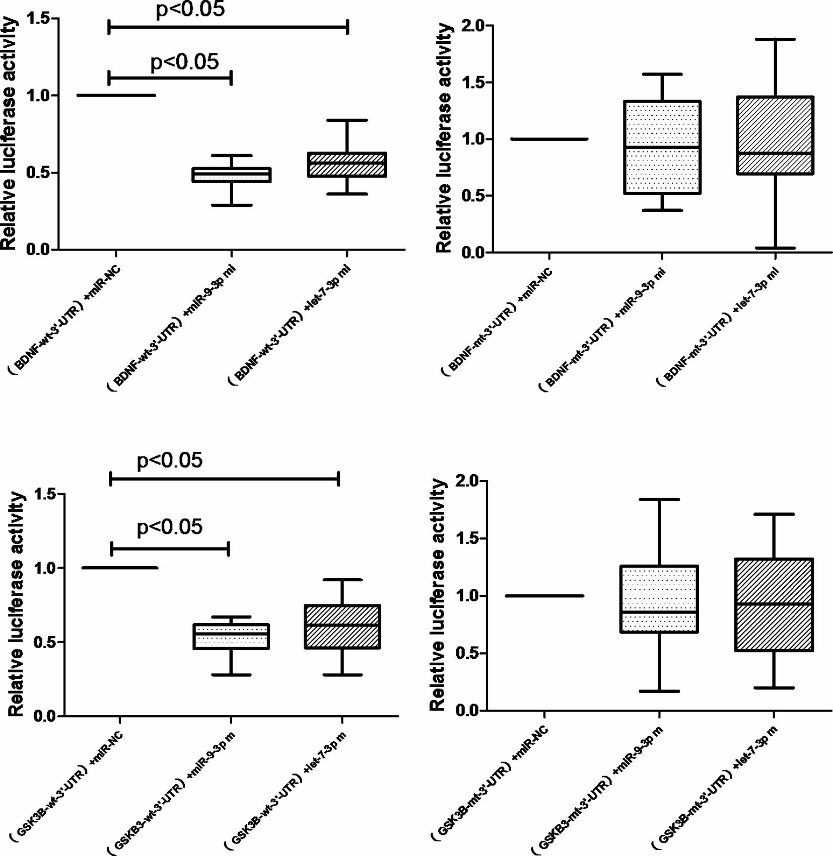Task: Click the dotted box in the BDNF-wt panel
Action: tap(232, 175)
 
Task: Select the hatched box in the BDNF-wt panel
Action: tap(348, 165)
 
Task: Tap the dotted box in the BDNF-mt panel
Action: tap(662, 147)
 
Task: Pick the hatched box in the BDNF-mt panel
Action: tap(776, 135)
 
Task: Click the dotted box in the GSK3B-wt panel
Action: tap(231, 637)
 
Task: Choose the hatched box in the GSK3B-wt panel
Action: tap(342, 627)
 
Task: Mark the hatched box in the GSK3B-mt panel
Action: tap(774, 604)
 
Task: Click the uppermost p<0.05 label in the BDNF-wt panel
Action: tap(190, 9)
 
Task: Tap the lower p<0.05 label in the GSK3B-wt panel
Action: tap(170, 527)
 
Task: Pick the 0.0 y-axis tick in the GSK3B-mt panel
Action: tap(467, 711)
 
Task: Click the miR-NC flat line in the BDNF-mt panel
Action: tap(549, 139)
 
